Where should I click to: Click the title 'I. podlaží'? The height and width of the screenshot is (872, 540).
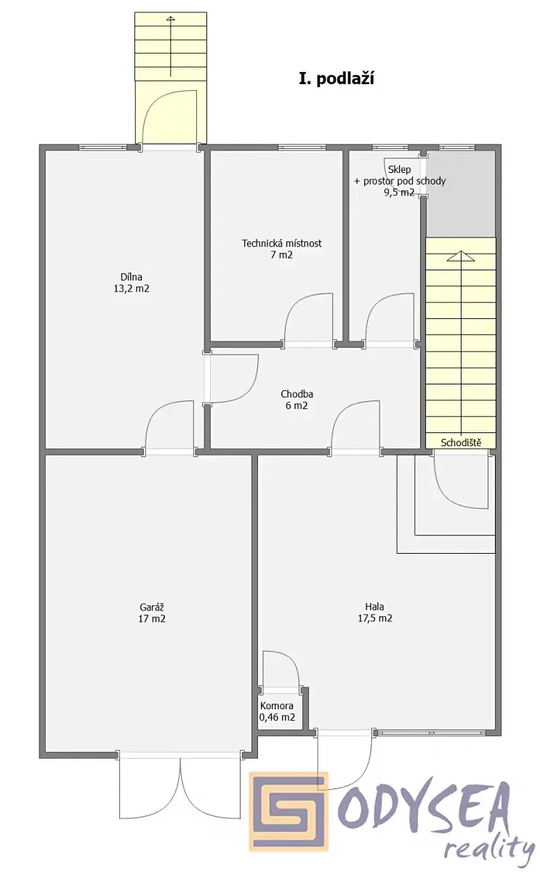coord(337,79)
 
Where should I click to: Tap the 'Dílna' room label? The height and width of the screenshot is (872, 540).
coord(132,277)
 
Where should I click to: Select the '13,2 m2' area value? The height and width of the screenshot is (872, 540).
coord(132,289)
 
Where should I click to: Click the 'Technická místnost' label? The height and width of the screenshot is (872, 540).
coord(282,243)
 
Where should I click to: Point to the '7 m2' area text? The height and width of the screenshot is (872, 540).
coord(282,255)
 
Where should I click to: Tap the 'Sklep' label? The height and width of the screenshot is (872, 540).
coord(400,170)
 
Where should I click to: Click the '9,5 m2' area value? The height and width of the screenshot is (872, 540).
coord(400,193)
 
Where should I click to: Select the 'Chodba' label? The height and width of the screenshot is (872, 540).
coord(297,395)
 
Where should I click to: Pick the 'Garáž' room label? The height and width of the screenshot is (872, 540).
coord(152,607)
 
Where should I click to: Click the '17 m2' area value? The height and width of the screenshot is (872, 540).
coord(152,619)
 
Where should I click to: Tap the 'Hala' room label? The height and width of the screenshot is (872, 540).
coord(374,607)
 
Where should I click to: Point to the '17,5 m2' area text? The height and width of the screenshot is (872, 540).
coord(375,618)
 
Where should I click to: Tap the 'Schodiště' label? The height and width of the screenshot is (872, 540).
coord(461,443)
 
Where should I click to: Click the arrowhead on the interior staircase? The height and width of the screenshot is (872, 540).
coord(461,256)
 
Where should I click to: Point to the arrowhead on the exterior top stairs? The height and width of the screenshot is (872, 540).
coord(171,18)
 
